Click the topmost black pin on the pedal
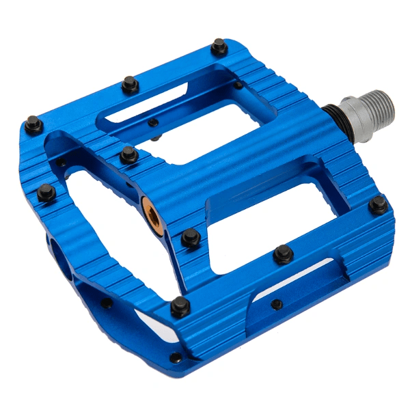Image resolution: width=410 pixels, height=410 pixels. pos(219,46)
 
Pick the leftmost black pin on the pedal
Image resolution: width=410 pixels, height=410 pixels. pos(33,123)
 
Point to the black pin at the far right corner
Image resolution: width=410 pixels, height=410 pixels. pos(378,204)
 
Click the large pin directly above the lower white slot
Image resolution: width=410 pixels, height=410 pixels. pos(284,254)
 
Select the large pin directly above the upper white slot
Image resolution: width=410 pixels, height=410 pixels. pos(130,84)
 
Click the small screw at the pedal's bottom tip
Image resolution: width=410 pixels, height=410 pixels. pos(176,357)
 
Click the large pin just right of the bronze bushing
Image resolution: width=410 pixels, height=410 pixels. pos(191,237)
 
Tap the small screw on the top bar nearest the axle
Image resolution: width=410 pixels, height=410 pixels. pos(238,85)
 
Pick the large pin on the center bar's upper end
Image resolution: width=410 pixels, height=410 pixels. pos(128,154)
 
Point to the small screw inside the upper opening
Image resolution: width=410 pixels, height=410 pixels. pos(153,123)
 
